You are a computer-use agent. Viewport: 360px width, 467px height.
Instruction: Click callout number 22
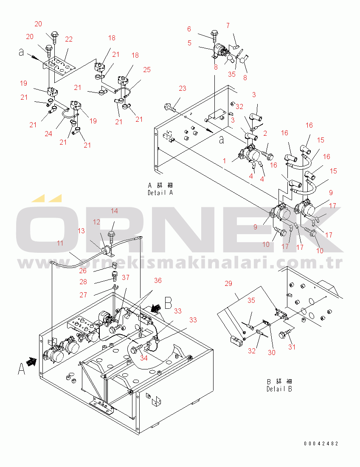tap(69, 39)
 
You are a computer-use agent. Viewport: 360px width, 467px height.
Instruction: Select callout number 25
tap(147, 70)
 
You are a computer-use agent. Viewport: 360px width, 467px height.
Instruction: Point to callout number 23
tap(182, 89)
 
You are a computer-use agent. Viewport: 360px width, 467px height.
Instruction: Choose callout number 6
tap(189, 29)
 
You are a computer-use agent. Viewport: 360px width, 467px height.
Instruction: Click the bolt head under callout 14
tap(112, 233)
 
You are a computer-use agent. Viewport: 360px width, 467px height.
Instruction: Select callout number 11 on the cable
tap(60, 243)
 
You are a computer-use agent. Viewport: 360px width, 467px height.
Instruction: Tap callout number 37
tap(125, 278)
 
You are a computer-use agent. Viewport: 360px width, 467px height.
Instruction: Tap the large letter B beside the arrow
tap(168, 303)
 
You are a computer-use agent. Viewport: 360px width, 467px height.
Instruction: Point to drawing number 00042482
tap(321, 444)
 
